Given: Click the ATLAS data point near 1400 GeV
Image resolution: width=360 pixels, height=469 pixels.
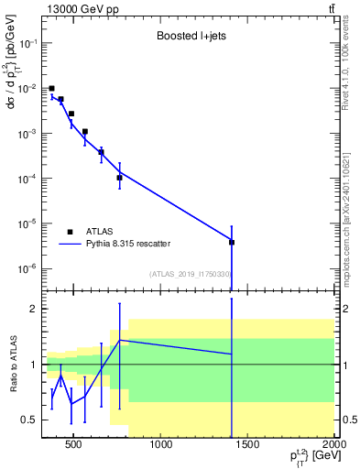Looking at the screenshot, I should tap(232, 242).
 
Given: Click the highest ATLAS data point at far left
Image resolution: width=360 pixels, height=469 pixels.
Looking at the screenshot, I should tap(51, 88).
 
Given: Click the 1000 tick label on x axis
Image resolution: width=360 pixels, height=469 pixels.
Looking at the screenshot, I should tap(161, 445).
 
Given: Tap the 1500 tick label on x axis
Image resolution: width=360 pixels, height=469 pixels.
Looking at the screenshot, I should tap(248, 445).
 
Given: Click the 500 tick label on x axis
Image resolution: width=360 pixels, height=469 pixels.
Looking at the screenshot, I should tap(75, 445).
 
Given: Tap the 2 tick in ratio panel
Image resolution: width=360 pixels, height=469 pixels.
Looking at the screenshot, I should tap(33, 309).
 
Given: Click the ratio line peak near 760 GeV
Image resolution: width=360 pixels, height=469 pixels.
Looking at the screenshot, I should tap(119, 340).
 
